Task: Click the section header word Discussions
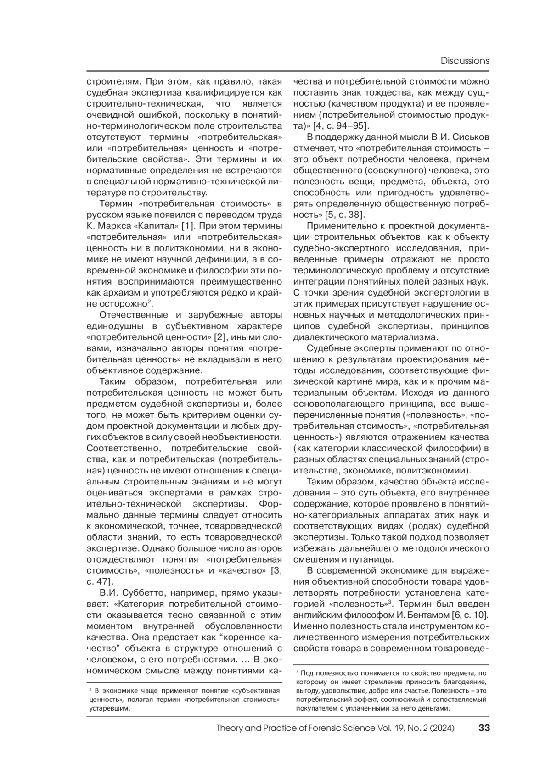465,61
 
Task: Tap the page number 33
484,728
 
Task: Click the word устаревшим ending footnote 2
109,708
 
